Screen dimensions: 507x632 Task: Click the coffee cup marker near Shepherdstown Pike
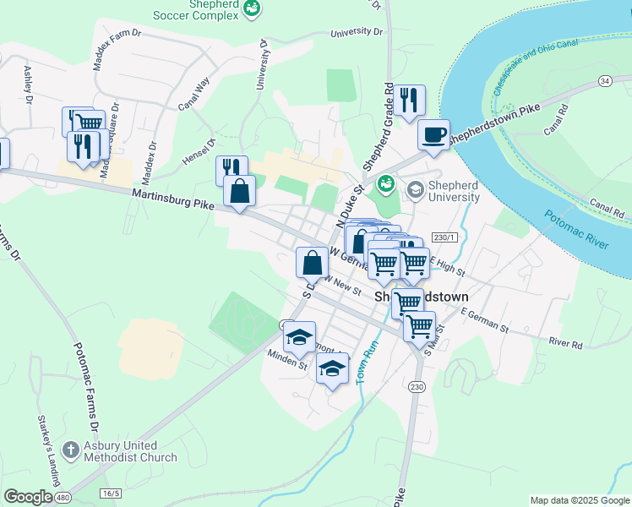[x=433, y=135]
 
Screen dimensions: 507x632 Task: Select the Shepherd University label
[x=443, y=191]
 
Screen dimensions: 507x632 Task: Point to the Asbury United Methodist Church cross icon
[x=71, y=450]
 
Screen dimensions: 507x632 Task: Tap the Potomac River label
[x=576, y=229]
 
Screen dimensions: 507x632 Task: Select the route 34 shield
[x=603, y=80]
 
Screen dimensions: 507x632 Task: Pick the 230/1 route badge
[x=444, y=237]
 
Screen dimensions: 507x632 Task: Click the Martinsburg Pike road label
[x=172, y=201]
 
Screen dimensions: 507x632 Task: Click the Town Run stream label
[x=366, y=363]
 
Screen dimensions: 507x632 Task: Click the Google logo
[x=28, y=496]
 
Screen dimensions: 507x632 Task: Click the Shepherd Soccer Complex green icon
[x=251, y=8]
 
